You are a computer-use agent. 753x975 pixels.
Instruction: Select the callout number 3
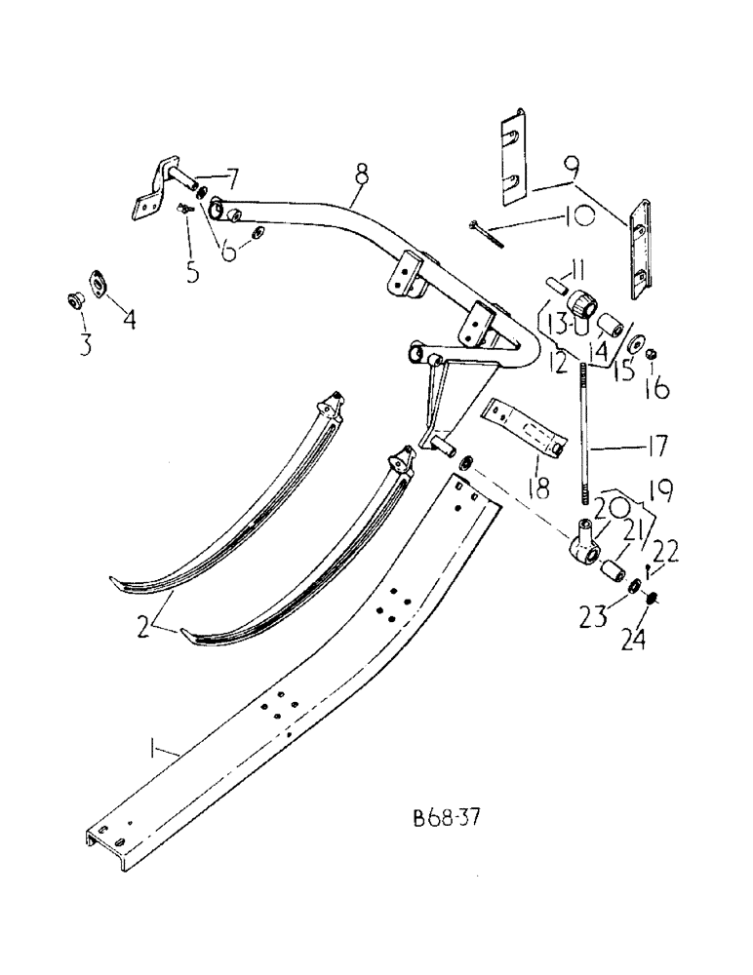(x=85, y=344)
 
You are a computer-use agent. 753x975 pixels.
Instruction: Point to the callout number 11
(x=577, y=267)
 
